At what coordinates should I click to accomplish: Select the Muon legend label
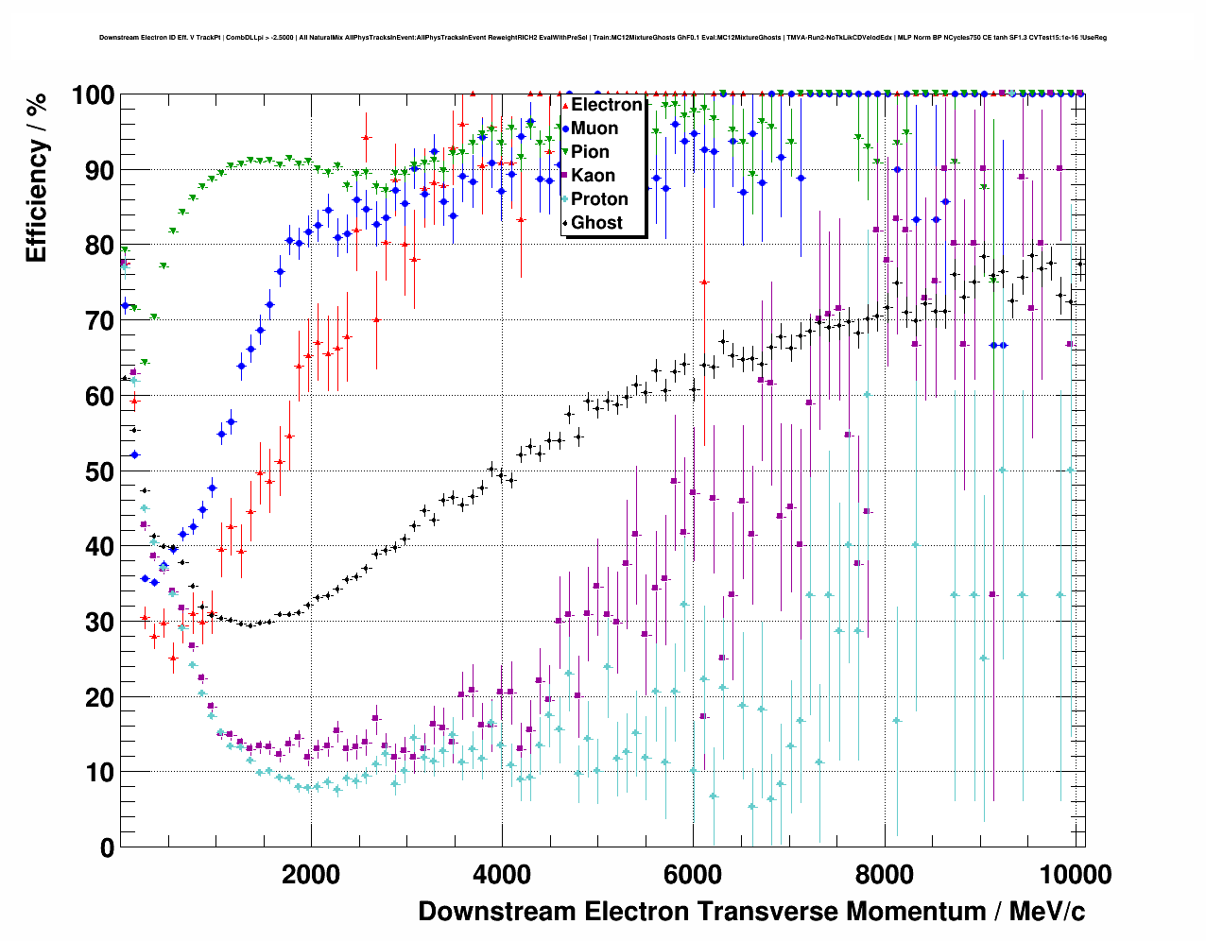594,128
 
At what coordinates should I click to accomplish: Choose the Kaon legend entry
593,176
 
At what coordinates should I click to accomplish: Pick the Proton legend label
599,199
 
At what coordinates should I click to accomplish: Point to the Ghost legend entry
596,223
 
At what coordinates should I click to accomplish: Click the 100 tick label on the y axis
93,95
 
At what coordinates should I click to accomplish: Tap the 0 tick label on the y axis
107,847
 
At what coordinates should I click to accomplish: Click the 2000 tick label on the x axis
311,874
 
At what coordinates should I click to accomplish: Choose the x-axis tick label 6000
693,874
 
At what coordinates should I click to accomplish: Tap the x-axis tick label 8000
884,874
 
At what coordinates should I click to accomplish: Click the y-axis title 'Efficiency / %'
36,178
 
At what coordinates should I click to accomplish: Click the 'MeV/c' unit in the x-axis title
1047,912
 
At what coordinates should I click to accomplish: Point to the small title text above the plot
603,38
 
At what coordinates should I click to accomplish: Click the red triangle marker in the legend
565,105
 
